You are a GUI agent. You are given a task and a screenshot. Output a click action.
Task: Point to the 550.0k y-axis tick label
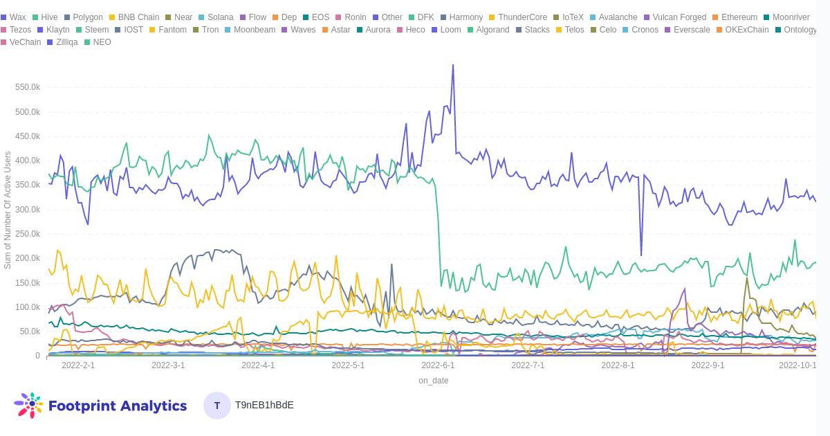[28, 87]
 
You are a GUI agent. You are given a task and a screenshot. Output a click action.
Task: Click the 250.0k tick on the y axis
[28, 234]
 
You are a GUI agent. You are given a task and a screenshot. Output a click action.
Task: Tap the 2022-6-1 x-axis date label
[438, 365]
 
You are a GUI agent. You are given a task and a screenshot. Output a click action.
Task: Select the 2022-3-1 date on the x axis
[168, 365]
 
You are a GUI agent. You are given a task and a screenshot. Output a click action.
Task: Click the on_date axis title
[433, 381]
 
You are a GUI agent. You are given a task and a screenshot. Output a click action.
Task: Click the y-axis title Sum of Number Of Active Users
[8, 210]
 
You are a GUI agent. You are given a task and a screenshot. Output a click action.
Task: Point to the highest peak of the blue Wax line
[453, 65]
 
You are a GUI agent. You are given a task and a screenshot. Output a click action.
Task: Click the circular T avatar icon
[217, 406]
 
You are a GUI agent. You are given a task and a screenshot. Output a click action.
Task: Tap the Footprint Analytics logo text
[118, 406]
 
